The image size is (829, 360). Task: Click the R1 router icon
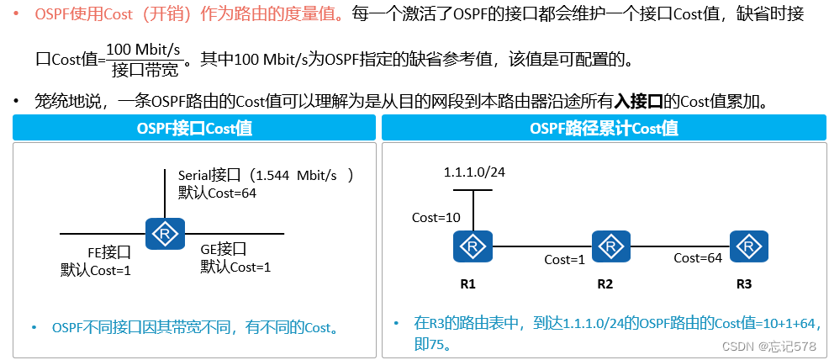tap(474, 246)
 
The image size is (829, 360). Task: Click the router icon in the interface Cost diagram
tap(166, 233)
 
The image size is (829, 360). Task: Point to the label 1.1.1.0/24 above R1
tap(473, 172)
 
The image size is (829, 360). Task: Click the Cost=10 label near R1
tap(436, 217)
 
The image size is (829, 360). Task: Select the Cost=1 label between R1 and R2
tap(564, 259)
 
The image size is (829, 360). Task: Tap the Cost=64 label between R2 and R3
tap(698, 258)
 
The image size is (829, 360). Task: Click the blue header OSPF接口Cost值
tap(194, 129)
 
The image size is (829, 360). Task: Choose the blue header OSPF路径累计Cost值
tap(605, 129)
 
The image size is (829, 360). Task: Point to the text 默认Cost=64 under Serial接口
tap(217, 192)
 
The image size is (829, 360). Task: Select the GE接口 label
tap(223, 249)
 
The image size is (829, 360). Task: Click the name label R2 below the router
tap(605, 283)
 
